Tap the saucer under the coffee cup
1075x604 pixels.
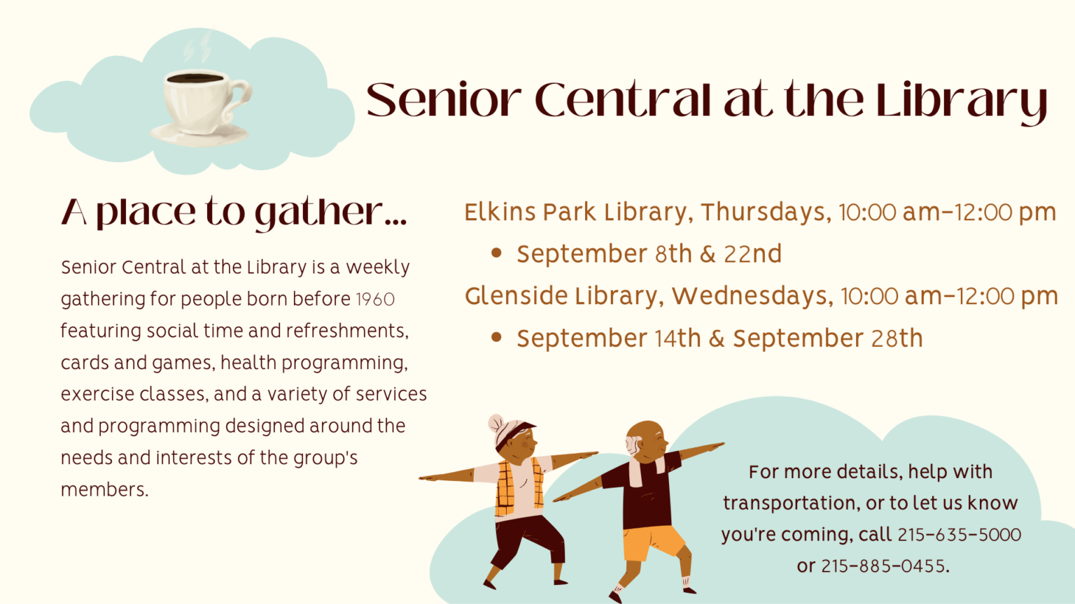point(199,134)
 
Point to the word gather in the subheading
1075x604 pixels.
point(319,213)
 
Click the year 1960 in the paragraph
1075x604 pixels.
point(375,300)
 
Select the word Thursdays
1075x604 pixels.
point(766,213)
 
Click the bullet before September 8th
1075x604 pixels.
point(497,253)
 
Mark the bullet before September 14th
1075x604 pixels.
point(497,338)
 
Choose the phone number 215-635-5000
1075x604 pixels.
point(960,535)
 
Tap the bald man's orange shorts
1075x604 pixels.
point(654,542)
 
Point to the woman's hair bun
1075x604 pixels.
point(496,423)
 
